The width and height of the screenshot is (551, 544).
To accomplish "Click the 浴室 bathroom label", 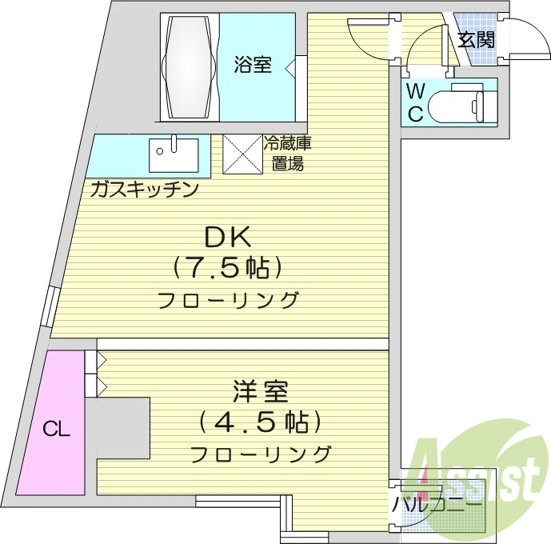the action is click(x=253, y=65).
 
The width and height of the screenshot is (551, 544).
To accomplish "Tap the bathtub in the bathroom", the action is click(x=189, y=66).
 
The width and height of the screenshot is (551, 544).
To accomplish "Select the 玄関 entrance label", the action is click(x=477, y=39).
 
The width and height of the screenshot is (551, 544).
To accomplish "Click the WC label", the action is click(x=416, y=103).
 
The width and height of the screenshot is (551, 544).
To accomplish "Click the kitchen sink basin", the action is click(x=174, y=155).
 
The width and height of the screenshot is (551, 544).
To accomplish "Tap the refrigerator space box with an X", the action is click(x=243, y=154).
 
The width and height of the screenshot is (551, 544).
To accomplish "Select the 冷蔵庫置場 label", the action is click(x=288, y=154).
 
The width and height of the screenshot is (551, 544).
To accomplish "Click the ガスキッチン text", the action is click(x=145, y=190).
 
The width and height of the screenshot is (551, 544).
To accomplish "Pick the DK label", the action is click(x=228, y=237).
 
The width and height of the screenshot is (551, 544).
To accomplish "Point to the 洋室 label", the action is click(x=261, y=391).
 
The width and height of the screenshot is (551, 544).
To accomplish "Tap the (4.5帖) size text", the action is click(x=260, y=422).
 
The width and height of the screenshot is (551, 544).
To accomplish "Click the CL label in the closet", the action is click(x=57, y=429).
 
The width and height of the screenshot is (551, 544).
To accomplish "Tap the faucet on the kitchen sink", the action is click(x=174, y=144).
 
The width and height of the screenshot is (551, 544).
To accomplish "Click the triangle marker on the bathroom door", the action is click(x=289, y=66).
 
